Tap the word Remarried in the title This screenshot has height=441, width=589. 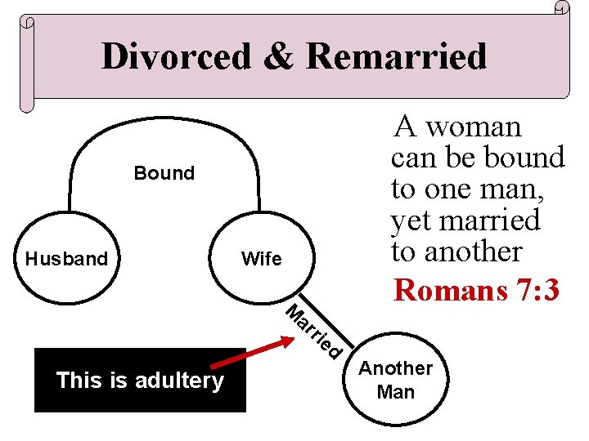pos(397,56)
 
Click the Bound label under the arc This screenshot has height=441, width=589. pos(164,173)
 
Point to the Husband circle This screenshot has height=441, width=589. pos(66,260)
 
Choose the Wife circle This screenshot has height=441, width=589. pos(262,260)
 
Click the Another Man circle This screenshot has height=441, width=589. pos(396,381)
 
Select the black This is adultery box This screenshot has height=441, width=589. pos(140,380)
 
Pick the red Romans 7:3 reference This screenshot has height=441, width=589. pos(477,289)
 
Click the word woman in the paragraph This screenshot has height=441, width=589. pos(473,127)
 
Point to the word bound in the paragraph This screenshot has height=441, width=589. pos(523,157)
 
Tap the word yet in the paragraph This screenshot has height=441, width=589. pos(408,220)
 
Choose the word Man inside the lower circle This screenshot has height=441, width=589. pos(396,392)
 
